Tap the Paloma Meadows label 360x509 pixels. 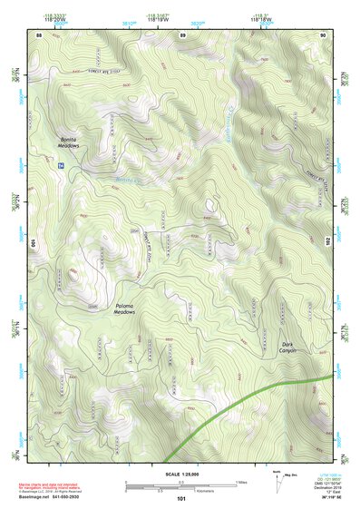point(124,308)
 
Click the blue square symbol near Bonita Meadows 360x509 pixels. point(61,165)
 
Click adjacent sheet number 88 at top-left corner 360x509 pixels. point(39,34)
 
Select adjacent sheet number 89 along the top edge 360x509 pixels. point(182,34)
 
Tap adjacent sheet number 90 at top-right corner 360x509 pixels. point(322,34)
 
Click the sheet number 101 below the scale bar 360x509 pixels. point(181,499)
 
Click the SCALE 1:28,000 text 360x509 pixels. point(180,474)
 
